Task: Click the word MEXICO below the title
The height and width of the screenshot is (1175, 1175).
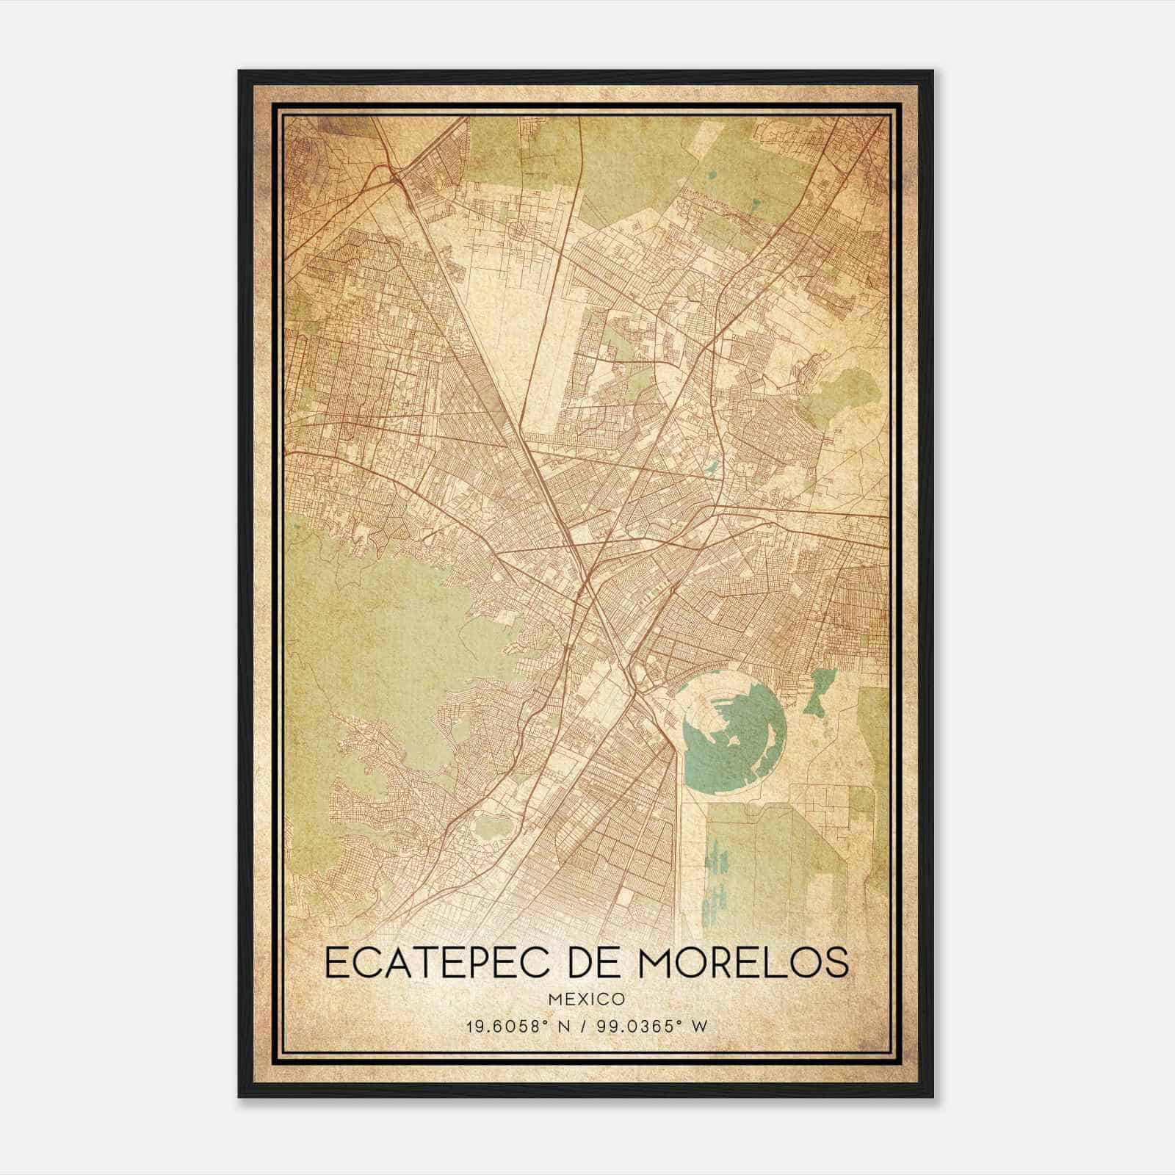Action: pyautogui.click(x=586, y=999)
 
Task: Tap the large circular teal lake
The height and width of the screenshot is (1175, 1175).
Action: pyautogui.click(x=727, y=742)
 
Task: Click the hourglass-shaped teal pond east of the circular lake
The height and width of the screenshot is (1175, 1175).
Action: pyautogui.click(x=817, y=690)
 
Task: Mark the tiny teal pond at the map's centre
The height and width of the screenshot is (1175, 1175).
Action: pyautogui.click(x=710, y=466)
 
